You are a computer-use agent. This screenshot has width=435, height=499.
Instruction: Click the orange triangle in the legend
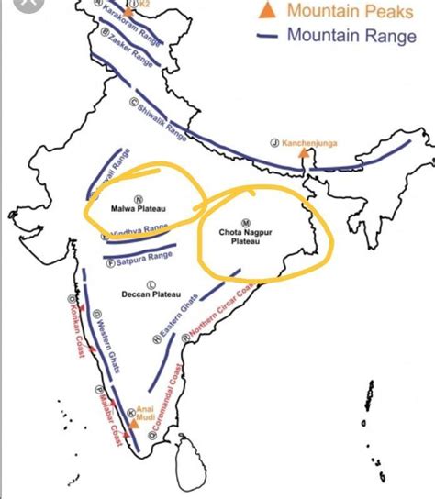click(x=268, y=10)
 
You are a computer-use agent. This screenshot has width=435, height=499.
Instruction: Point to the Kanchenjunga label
click(x=310, y=142)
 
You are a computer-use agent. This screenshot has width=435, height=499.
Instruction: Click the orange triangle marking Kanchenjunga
click(x=304, y=154)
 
